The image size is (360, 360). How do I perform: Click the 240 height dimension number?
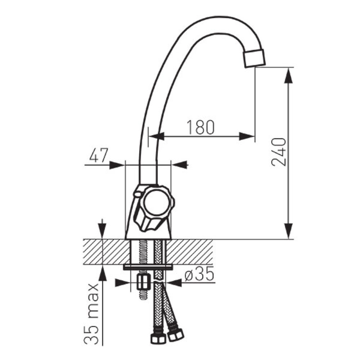[279, 152]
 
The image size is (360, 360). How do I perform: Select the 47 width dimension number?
[99, 156]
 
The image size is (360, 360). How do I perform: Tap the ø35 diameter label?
[199, 274]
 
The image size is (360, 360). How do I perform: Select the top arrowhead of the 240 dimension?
[288, 76]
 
